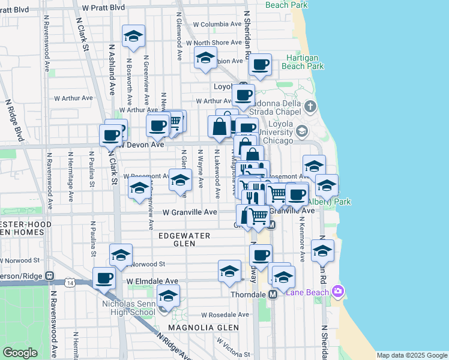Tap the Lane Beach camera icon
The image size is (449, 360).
(337, 292)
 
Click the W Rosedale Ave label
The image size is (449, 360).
(224, 314)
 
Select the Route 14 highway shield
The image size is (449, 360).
(71, 282)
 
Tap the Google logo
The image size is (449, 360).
(20, 353)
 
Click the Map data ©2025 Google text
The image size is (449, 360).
(412, 355)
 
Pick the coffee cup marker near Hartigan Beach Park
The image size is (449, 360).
(260, 65)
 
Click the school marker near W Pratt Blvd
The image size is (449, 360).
(133, 35)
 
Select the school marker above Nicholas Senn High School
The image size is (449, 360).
(168, 296)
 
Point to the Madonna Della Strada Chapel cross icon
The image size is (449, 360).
(310, 107)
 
